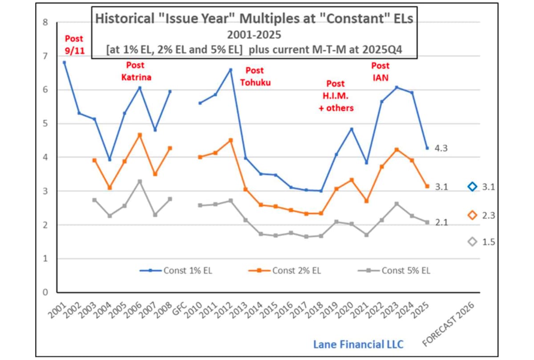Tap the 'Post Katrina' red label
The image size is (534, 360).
coord(136,71)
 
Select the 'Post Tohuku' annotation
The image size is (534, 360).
coord(254,76)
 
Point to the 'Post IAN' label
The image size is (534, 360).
coord(380,71)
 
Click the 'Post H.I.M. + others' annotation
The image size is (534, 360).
coord(336,96)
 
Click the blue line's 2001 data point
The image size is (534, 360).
coord(65,62)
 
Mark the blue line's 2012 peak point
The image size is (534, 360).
coord(231,69)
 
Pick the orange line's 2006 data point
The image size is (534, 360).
coord(140,135)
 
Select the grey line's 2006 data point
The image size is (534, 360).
coord(140,181)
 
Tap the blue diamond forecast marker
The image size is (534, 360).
coord(473,186)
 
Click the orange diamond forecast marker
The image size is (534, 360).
coord(473,215)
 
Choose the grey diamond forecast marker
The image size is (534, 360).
coord(473,242)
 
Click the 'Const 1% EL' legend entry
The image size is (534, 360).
coord(175,270)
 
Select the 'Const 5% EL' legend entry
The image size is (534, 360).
coord(394,270)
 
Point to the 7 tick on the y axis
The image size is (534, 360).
coord(45,56)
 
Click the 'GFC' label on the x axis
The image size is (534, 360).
coord(179,306)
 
